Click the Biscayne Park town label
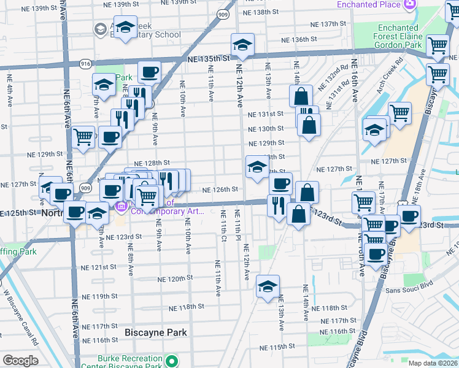(156, 332)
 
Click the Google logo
(20, 361)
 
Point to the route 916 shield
(85, 63)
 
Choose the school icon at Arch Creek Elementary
(126, 28)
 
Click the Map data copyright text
(433, 363)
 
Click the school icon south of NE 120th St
(268, 286)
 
